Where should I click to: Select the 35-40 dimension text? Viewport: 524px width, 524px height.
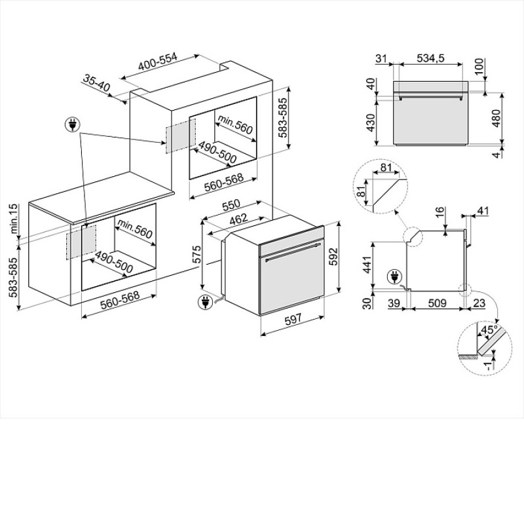pyautogui.click(x=96, y=83)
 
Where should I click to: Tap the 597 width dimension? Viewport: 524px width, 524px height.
pyautogui.click(x=293, y=320)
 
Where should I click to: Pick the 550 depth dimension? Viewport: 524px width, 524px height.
pyautogui.click(x=231, y=206)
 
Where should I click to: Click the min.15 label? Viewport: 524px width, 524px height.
pyautogui.click(x=13, y=219)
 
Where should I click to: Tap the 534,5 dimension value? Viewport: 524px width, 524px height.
pyautogui.click(x=430, y=58)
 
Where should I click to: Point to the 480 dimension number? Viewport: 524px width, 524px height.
pyautogui.click(x=496, y=119)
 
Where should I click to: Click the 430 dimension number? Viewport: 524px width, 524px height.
pyautogui.click(x=371, y=122)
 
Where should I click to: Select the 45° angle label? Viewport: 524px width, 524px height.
pyautogui.click(x=488, y=330)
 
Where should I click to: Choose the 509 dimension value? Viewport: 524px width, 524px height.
pyautogui.click(x=437, y=303)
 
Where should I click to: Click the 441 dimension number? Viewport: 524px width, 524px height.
pyautogui.click(x=367, y=265)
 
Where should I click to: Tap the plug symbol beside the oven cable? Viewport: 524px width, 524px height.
pyautogui.click(x=205, y=302)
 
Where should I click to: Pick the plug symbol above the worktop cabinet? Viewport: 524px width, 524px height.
pyautogui.click(x=72, y=124)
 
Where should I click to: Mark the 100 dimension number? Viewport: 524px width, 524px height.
pyautogui.click(x=479, y=66)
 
